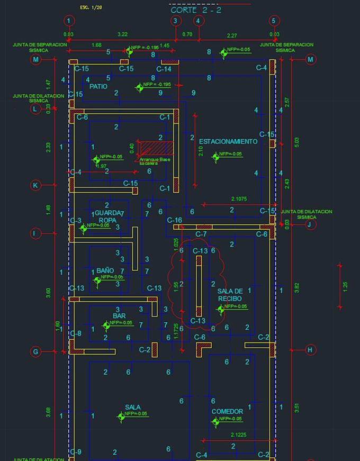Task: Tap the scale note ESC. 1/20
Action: pos(91,7)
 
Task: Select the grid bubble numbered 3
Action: pos(176,21)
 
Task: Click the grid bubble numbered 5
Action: pos(274,21)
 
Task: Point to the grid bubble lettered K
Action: pos(35,185)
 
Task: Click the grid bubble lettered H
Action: pos(311,350)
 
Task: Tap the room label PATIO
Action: pos(98,86)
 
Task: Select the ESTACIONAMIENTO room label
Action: pos(228,141)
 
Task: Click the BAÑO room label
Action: pos(105,270)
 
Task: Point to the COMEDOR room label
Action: pos(227,411)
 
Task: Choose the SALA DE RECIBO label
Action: pos(230,295)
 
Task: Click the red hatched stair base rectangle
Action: pos(157,148)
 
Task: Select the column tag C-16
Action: pos(175,220)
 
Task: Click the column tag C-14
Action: pos(164,69)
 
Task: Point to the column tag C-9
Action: pos(76,452)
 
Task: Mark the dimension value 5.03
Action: pos(296,142)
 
